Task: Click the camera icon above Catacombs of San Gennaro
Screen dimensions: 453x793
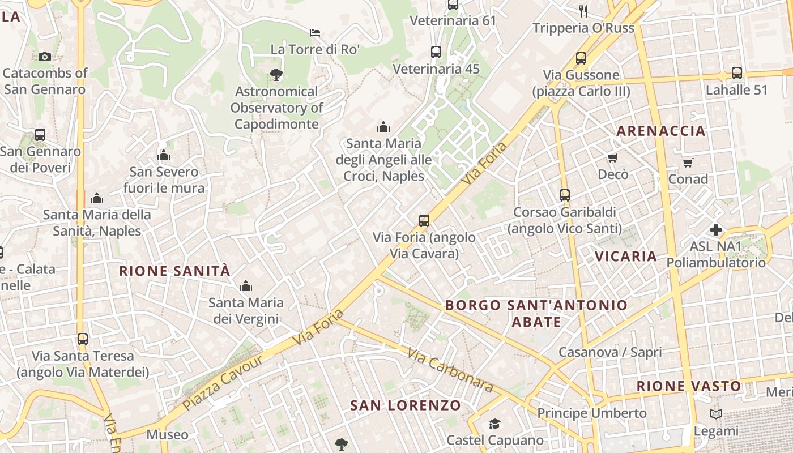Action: [45, 57]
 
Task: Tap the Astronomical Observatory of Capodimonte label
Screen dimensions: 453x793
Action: [276, 108]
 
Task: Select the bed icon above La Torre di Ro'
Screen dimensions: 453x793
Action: [315, 33]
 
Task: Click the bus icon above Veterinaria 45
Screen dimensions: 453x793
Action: [436, 52]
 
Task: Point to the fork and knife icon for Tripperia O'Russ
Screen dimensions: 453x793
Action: [583, 11]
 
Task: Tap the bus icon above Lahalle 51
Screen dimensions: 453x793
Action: [737, 72]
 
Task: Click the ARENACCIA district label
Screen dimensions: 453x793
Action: [661, 131]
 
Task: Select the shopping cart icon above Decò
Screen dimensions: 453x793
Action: [613, 157]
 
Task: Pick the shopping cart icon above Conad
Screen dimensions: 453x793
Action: [688, 163]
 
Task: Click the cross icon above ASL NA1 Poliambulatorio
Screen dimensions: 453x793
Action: [716, 230]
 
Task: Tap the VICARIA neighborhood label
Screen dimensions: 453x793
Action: [625, 256]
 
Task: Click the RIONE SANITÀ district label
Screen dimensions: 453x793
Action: [174, 271]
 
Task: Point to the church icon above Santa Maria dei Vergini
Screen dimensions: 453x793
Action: [246, 286]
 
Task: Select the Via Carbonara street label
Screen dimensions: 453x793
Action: [450, 370]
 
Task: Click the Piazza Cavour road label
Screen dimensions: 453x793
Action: [223, 383]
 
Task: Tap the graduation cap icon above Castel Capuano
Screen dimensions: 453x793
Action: [495, 424]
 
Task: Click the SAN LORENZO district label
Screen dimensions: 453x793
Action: [405, 405]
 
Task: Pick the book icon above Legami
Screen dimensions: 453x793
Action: [716, 414]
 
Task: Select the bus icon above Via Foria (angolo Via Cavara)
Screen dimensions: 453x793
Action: [424, 221]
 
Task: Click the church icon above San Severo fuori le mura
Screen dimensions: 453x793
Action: [164, 155]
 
